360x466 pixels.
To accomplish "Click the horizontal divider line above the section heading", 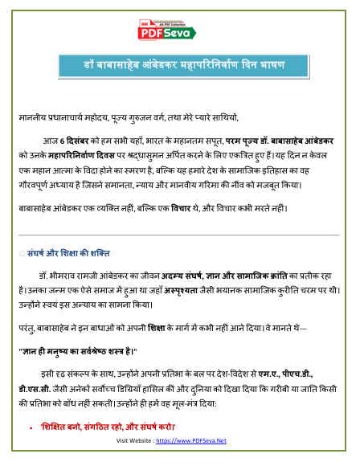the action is (179, 235).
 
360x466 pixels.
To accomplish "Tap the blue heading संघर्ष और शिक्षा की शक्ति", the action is (73, 252).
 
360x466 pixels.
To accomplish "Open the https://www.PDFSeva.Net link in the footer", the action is (191, 441).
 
